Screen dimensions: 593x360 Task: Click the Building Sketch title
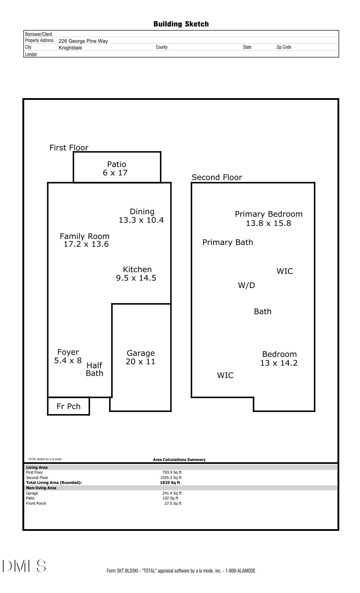[181, 24]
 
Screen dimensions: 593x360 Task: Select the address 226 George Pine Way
[83, 41]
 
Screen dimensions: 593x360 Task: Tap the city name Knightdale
[70, 48]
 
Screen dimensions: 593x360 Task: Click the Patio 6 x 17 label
[116, 168]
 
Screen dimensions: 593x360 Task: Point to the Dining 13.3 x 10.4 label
[142, 216]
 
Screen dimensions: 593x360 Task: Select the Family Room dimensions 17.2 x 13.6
[86, 244]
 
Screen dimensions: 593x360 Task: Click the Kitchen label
[137, 269]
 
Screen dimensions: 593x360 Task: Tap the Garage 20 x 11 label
[140, 357]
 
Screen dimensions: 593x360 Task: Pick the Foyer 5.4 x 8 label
[68, 356]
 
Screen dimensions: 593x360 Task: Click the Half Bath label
[95, 369]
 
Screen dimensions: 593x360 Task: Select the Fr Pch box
[68, 406]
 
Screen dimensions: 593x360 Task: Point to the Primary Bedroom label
[269, 214]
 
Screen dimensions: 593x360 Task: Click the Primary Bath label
[228, 242]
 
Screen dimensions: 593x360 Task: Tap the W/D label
[246, 285]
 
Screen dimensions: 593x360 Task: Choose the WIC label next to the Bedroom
[225, 375]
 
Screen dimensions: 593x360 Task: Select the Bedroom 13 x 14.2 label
[279, 358]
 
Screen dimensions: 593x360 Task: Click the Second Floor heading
[217, 177]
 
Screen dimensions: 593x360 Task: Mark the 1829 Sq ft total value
[170, 483]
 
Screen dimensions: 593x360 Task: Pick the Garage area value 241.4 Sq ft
[172, 493]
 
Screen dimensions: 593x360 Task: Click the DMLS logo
[24, 566]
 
